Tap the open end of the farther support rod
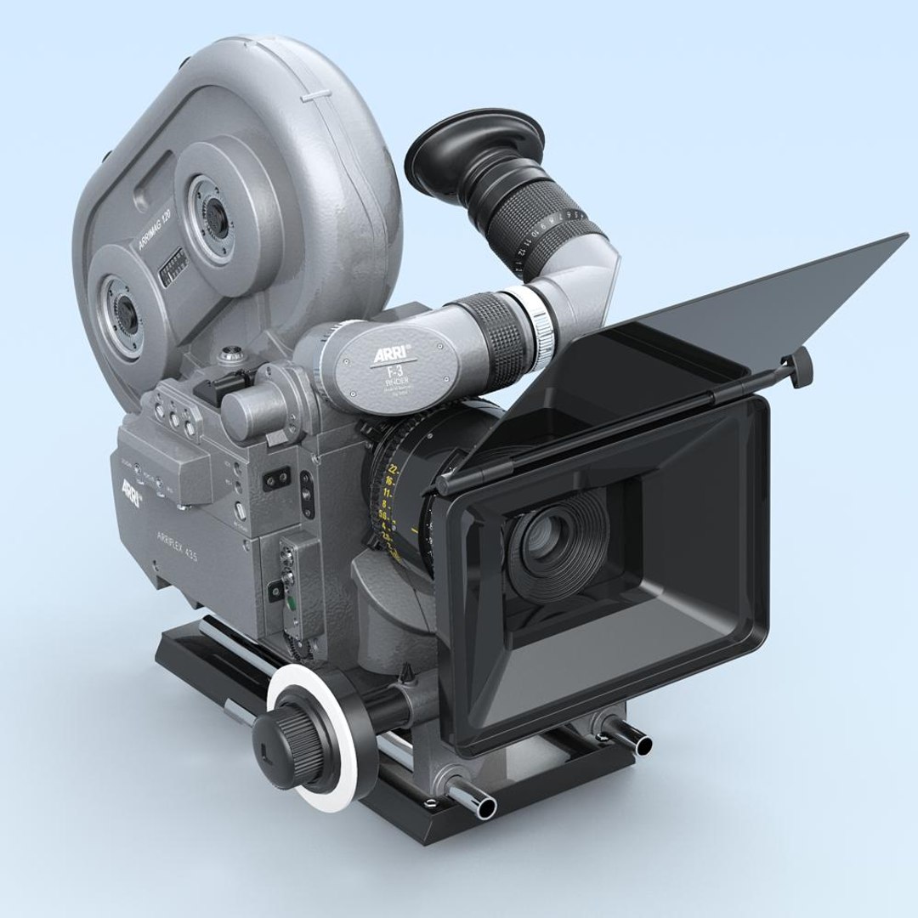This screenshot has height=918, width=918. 642,745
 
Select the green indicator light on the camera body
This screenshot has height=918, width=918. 292,605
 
